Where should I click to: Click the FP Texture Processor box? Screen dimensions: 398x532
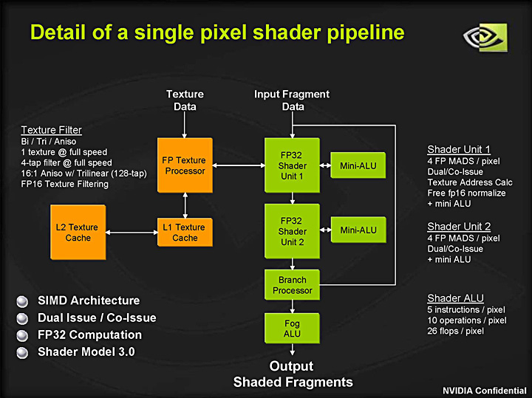pyautogui.click(x=185, y=165)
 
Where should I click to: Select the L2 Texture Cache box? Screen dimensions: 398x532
pyautogui.click(x=78, y=233)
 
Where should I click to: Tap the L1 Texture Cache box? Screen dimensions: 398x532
pyautogui.click(x=185, y=233)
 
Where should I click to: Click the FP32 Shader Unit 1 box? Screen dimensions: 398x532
pyautogui.click(x=293, y=165)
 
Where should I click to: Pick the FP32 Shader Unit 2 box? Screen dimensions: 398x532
pyautogui.click(x=293, y=231)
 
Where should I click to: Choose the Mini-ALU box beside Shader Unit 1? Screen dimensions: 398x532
pyautogui.click(x=358, y=165)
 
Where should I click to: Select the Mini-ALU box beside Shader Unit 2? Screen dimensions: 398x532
pyautogui.click(x=358, y=230)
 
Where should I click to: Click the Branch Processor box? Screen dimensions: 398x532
pyautogui.click(x=293, y=285)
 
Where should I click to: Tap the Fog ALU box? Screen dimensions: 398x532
pyautogui.click(x=293, y=329)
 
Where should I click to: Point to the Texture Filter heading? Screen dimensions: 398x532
pyautogui.click(x=51, y=130)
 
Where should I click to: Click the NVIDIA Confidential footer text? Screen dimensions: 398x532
pyautogui.click(x=484, y=390)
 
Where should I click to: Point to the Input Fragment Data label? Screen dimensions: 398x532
pyautogui.click(x=292, y=100)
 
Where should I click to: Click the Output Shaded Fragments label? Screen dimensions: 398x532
pyautogui.click(x=293, y=374)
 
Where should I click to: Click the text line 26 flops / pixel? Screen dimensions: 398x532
pyautogui.click(x=455, y=331)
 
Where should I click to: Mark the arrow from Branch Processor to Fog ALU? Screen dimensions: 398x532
pyautogui.click(x=293, y=306)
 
